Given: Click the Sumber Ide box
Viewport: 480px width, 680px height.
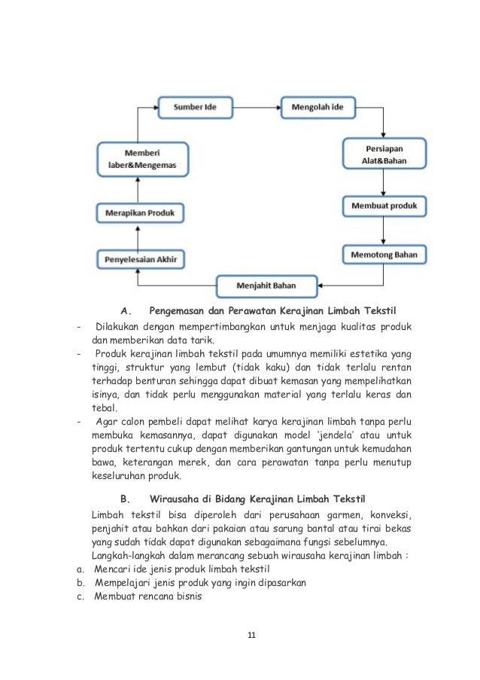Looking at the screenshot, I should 195,108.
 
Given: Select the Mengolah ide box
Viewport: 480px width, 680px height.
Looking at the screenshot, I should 319,108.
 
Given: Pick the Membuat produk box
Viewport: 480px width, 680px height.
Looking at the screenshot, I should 384,206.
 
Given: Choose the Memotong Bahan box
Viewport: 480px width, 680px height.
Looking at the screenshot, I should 384,255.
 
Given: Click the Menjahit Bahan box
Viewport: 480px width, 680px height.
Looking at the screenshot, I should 266,286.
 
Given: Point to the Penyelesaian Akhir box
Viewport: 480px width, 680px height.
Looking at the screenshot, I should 141,260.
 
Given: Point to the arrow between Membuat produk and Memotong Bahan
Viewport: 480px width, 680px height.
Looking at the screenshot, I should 384,230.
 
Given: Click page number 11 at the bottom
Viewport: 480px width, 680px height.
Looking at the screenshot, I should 252,635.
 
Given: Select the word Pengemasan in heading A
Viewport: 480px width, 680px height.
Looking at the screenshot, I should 177,310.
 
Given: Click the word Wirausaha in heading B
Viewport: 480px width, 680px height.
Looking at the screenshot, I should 177,499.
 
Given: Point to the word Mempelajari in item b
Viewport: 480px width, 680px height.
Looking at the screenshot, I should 122,584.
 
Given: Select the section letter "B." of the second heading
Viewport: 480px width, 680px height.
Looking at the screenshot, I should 125,499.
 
